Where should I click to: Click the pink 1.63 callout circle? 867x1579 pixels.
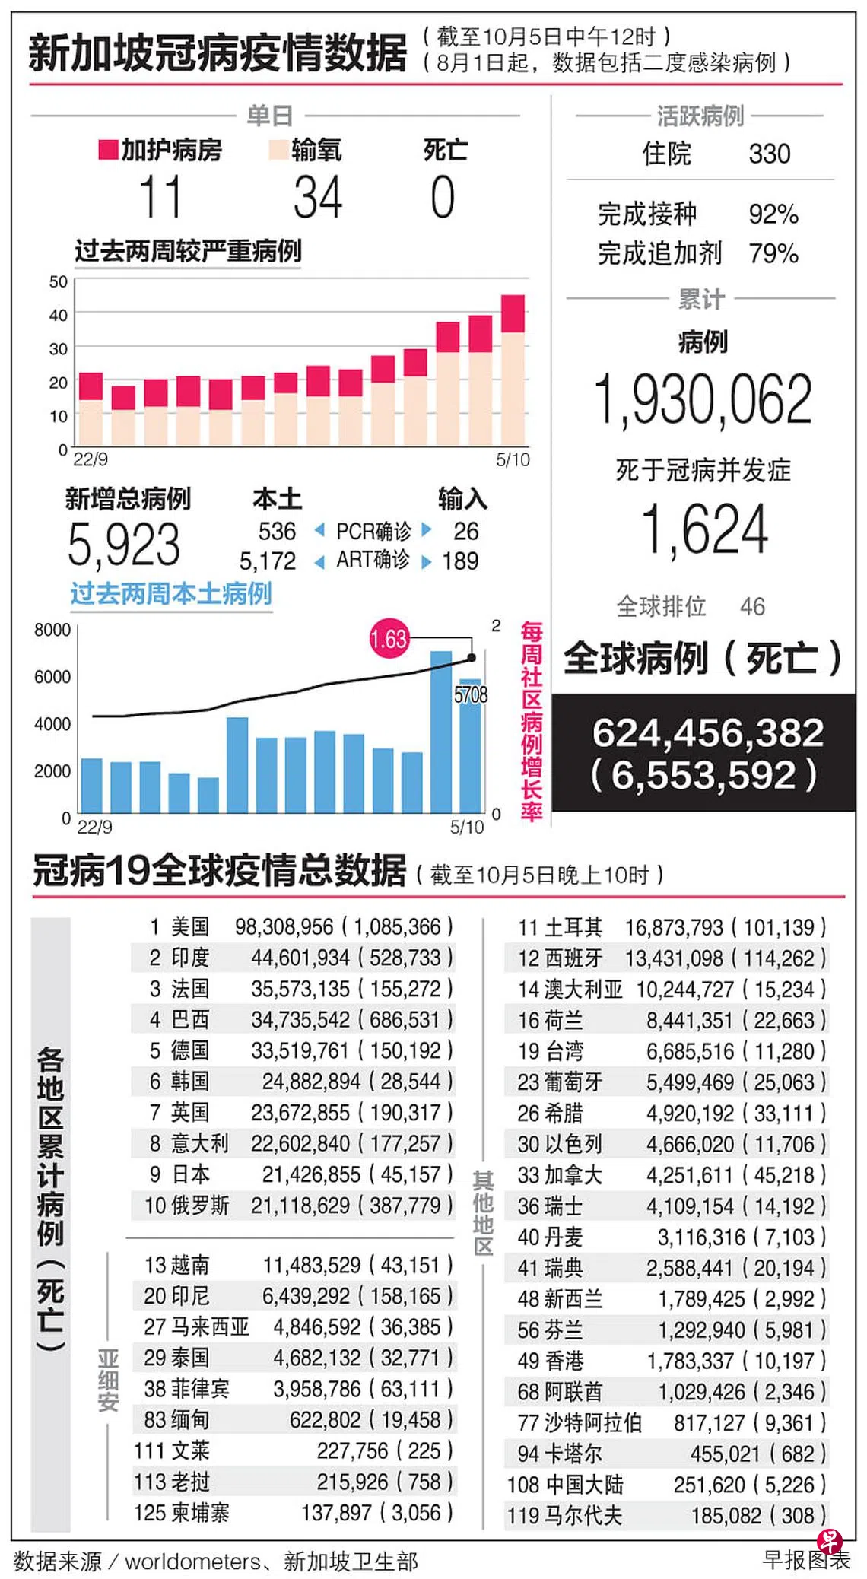pyautogui.click(x=389, y=637)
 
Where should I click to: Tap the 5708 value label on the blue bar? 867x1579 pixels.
pyautogui.click(x=471, y=694)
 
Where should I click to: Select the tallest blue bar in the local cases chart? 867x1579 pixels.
pyautogui.click(x=440, y=732)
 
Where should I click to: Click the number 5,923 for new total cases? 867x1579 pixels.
pyautogui.click(x=124, y=545)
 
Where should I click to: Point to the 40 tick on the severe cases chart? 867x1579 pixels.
pyautogui.click(x=59, y=315)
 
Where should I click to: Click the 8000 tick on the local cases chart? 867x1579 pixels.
pyautogui.click(x=52, y=630)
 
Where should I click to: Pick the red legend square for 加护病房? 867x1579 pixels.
pyautogui.click(x=108, y=150)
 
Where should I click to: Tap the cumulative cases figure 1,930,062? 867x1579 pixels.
pyautogui.click(x=703, y=399)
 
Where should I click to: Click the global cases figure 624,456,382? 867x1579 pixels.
pyautogui.click(x=708, y=733)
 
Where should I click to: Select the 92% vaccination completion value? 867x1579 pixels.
pyautogui.click(x=773, y=214)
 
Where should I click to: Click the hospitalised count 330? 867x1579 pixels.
pyautogui.click(x=770, y=154)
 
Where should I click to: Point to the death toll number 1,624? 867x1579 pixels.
pyautogui.click(x=704, y=530)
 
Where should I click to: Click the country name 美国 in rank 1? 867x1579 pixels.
pyautogui.click(x=190, y=926)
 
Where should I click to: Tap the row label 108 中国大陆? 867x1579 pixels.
pyautogui.click(x=565, y=1485)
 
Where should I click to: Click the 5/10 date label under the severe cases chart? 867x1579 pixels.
pyautogui.click(x=513, y=459)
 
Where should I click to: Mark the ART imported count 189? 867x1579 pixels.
pyautogui.click(x=460, y=561)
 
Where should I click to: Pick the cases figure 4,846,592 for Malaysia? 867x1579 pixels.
pyautogui.click(x=317, y=1327)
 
